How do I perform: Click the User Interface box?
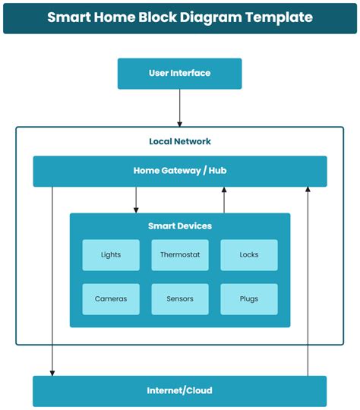tap(179, 74)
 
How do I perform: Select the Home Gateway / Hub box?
tap(179, 171)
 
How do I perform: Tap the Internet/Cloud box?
tap(179, 391)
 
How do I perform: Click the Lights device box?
tap(111, 255)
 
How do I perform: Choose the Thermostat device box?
tap(180, 255)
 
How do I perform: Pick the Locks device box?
tap(249, 255)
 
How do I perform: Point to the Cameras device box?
tap(111, 299)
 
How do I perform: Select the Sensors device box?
tap(180, 299)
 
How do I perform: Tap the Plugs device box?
tap(249, 299)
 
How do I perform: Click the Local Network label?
tap(180, 141)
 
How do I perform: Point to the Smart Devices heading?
tap(180, 226)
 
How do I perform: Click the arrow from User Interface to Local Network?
tap(180, 108)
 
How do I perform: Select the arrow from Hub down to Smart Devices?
tap(136, 200)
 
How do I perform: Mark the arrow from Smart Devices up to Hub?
tap(224, 200)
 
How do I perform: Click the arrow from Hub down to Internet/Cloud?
tap(52, 281)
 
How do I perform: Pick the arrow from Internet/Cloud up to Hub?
tap(308, 281)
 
